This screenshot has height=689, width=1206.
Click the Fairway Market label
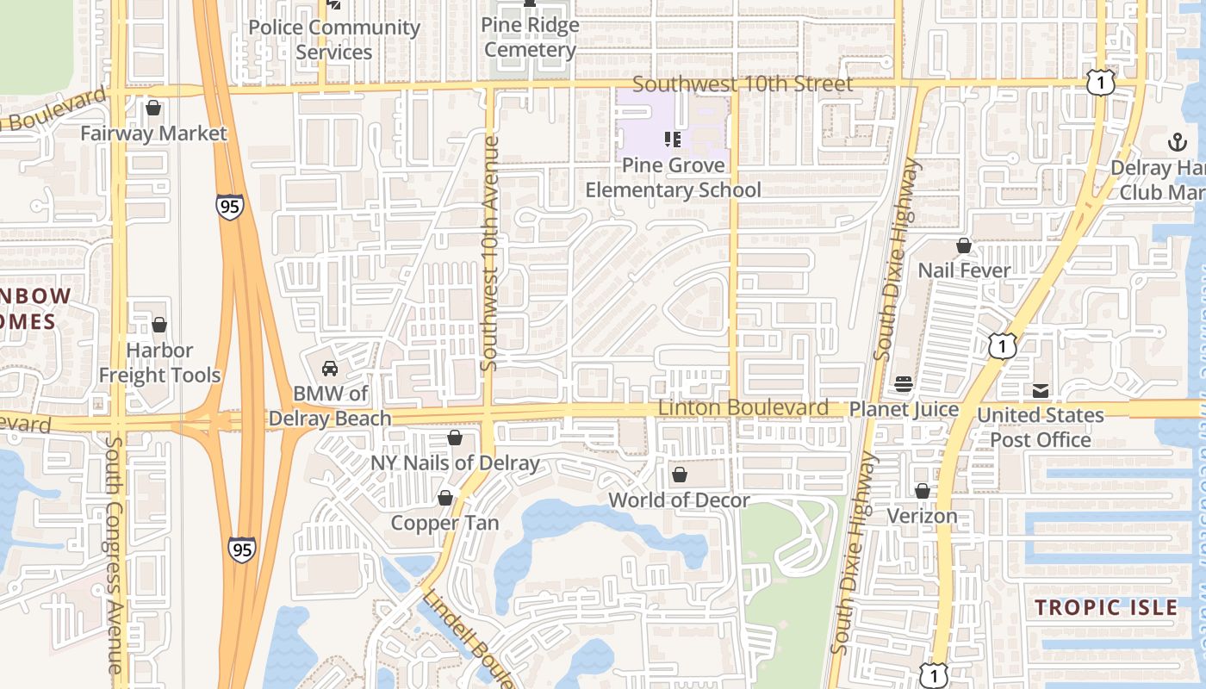coord(153,133)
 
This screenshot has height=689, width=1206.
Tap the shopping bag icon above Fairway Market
coord(153,109)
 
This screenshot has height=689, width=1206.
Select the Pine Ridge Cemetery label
coord(530,37)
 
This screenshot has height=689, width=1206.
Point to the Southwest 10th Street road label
coord(743,84)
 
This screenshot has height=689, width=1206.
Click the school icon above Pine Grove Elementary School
coord(673,139)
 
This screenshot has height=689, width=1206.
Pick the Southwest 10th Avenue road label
coord(490,253)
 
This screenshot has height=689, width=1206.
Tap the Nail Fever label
coord(964,270)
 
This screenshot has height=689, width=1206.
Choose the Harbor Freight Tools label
coord(159,363)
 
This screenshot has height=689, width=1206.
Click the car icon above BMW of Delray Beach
coord(329,369)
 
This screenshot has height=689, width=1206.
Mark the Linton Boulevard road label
coord(743,407)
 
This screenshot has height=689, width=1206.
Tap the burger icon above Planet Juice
coord(904,383)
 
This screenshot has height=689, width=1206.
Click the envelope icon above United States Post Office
coord(1041,391)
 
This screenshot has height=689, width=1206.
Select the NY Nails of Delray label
coord(455,462)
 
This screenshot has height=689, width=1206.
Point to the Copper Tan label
coord(444,523)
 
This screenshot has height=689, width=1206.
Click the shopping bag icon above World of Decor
coord(680,475)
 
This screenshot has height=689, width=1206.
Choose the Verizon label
coord(923,516)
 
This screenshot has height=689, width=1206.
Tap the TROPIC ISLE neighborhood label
coord(1106,607)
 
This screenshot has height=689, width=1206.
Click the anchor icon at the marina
coord(1177,142)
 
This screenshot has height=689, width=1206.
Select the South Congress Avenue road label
coord(115,555)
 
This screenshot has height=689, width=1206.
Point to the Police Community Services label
coord(334,40)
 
